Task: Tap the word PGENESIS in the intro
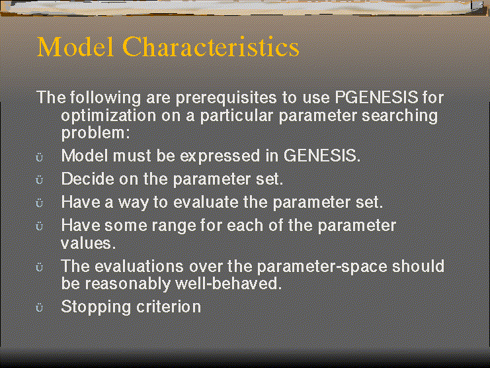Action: pyautogui.click(x=376, y=98)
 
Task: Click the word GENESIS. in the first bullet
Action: pyautogui.click(x=322, y=157)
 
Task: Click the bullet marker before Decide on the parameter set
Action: pyautogui.click(x=40, y=181)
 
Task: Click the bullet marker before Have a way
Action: pyautogui.click(x=40, y=203)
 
